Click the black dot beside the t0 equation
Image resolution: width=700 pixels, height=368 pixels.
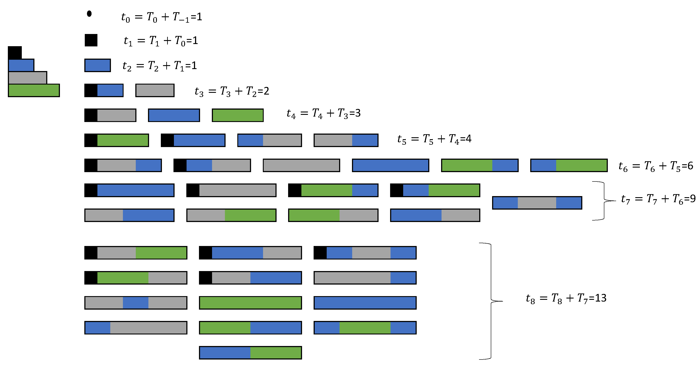[x=89, y=14]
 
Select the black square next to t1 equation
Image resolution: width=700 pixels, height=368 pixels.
[x=91, y=40]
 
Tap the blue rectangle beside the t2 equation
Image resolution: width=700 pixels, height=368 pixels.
[x=98, y=65]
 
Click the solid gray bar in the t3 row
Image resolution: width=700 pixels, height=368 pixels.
[x=155, y=90]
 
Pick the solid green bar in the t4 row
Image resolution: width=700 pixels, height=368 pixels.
[x=238, y=115]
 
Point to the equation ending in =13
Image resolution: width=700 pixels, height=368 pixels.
[x=566, y=298]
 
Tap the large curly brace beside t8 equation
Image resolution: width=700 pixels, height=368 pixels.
[x=491, y=301]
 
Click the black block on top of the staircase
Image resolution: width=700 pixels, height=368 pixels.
[x=15, y=53]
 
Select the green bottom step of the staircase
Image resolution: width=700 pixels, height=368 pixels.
[x=34, y=90]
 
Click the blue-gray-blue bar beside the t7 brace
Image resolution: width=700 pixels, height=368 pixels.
[x=537, y=203]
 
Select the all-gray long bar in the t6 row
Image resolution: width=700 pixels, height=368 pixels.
[x=301, y=165]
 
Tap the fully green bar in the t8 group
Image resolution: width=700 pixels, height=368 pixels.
[x=250, y=303]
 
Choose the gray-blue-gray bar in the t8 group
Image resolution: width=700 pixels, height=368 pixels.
[x=136, y=303]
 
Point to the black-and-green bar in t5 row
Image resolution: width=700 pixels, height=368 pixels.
[x=117, y=140]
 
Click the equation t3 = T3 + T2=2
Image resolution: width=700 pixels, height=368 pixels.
[x=232, y=91]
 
